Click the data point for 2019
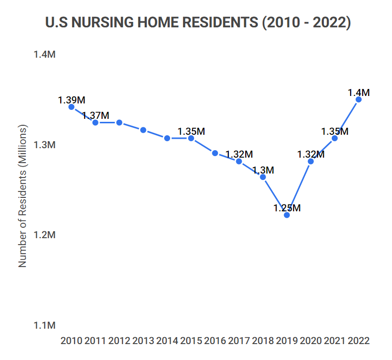(x=287, y=215)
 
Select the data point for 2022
(x=358, y=99)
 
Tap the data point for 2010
(x=72, y=107)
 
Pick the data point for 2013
(x=143, y=130)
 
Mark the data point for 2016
(x=215, y=153)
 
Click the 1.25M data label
(x=287, y=208)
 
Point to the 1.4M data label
(x=359, y=92)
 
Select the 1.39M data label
(x=72, y=99)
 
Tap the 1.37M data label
(x=96, y=115)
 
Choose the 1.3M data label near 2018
(x=263, y=170)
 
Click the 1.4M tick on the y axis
(x=45, y=54)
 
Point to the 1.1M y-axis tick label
(x=45, y=325)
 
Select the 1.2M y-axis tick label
(x=45, y=235)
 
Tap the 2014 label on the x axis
(x=167, y=341)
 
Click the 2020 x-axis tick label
(x=310, y=341)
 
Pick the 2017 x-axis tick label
(x=239, y=341)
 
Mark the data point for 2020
(x=310, y=161)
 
